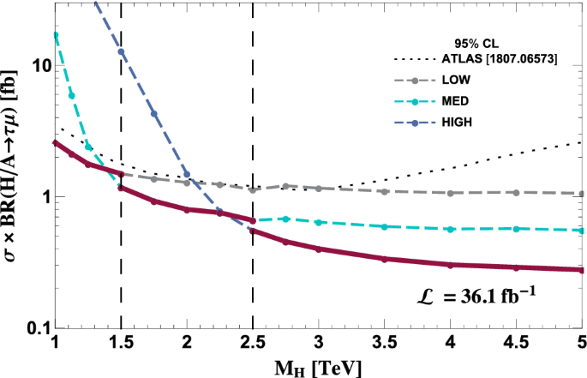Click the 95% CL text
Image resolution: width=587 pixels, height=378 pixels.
point(477,42)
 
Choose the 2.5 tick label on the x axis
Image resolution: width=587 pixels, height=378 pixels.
point(253,343)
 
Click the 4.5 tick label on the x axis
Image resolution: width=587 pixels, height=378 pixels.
point(516,343)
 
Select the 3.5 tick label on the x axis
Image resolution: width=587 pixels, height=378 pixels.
point(384,343)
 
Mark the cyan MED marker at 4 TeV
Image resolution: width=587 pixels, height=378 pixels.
point(451,229)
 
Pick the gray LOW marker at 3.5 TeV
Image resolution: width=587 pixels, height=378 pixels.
point(385,191)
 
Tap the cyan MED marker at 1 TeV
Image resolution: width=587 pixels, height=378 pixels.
point(56,35)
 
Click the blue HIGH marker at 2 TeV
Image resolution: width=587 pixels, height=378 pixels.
point(187,175)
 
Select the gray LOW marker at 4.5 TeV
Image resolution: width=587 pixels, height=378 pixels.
point(516,193)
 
